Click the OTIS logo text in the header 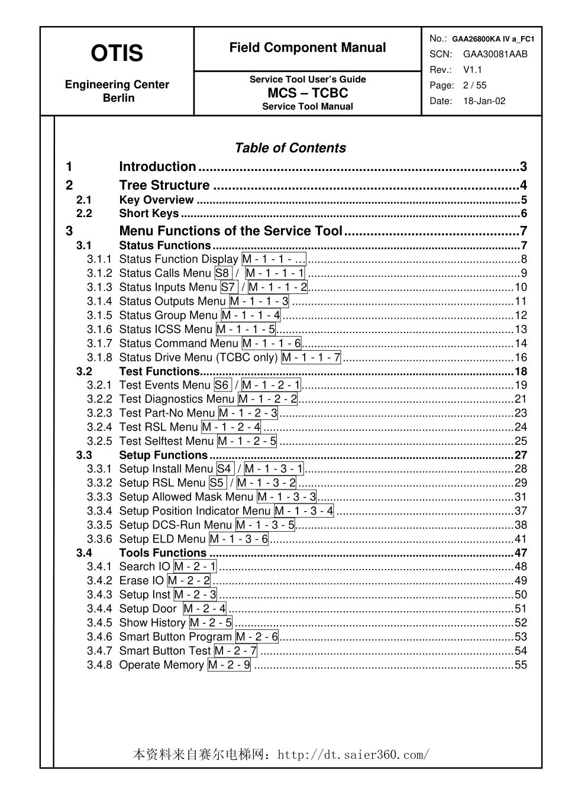[x=117, y=53]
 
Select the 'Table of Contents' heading [x=290, y=148]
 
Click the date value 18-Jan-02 [x=484, y=101]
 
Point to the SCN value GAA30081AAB [x=495, y=54]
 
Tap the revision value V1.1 [x=473, y=70]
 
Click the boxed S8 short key [x=222, y=273]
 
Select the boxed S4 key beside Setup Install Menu [x=224, y=469]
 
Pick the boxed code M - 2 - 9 [x=229, y=665]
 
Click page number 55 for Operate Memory [x=521, y=665]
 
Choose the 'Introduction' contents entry [x=157, y=167]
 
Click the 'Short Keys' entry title [x=148, y=214]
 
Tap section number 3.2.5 [x=99, y=441]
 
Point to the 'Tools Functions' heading [x=163, y=553]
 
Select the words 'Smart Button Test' [x=165, y=651]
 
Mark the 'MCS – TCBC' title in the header [x=308, y=93]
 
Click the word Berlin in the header [x=118, y=98]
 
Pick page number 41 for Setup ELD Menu [x=521, y=539]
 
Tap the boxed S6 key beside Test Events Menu [x=222, y=385]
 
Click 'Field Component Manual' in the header [x=308, y=48]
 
